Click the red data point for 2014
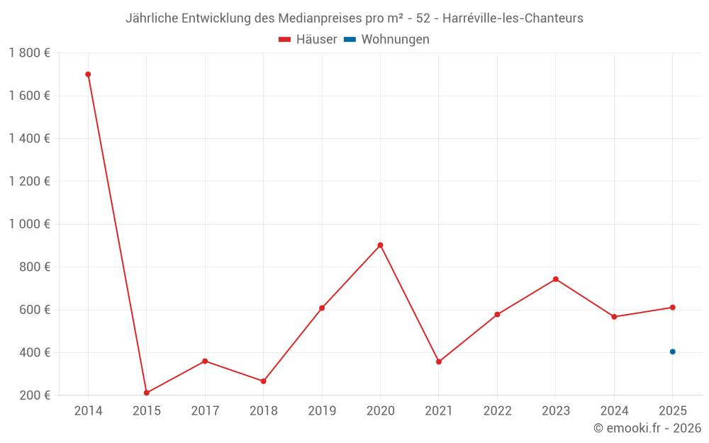(x=88, y=74)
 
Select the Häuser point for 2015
(x=147, y=393)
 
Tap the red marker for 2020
(x=380, y=245)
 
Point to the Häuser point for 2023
(x=556, y=279)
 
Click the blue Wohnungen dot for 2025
(x=673, y=352)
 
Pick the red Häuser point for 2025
(x=673, y=308)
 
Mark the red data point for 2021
(x=439, y=361)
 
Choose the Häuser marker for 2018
(x=264, y=381)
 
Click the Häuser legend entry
(x=308, y=40)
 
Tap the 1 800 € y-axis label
(x=29, y=53)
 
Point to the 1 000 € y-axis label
(x=29, y=224)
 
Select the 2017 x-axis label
(x=205, y=411)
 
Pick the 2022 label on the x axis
(x=497, y=411)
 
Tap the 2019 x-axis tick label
(x=322, y=411)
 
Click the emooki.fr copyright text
(x=647, y=428)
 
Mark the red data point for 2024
(x=614, y=317)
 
